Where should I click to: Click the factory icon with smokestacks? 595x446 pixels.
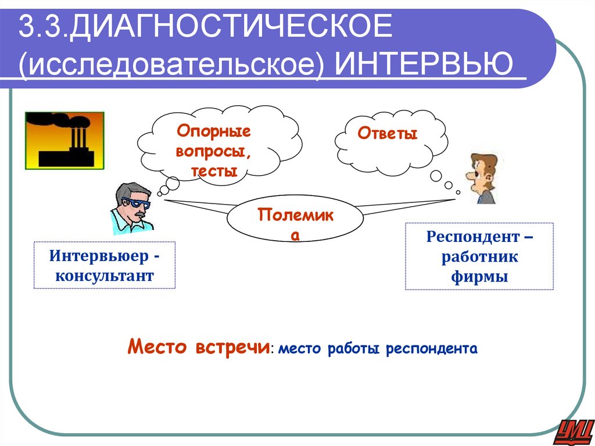pyautogui.click(x=64, y=140)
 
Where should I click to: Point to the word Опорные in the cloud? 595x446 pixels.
pyautogui.click(x=214, y=131)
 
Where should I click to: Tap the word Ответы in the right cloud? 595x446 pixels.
pyautogui.click(x=388, y=134)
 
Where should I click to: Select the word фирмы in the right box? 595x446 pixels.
pyautogui.click(x=479, y=277)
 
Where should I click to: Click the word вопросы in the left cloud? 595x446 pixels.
pyautogui.click(x=213, y=151)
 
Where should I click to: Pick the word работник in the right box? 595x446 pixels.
pyautogui.click(x=479, y=257)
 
